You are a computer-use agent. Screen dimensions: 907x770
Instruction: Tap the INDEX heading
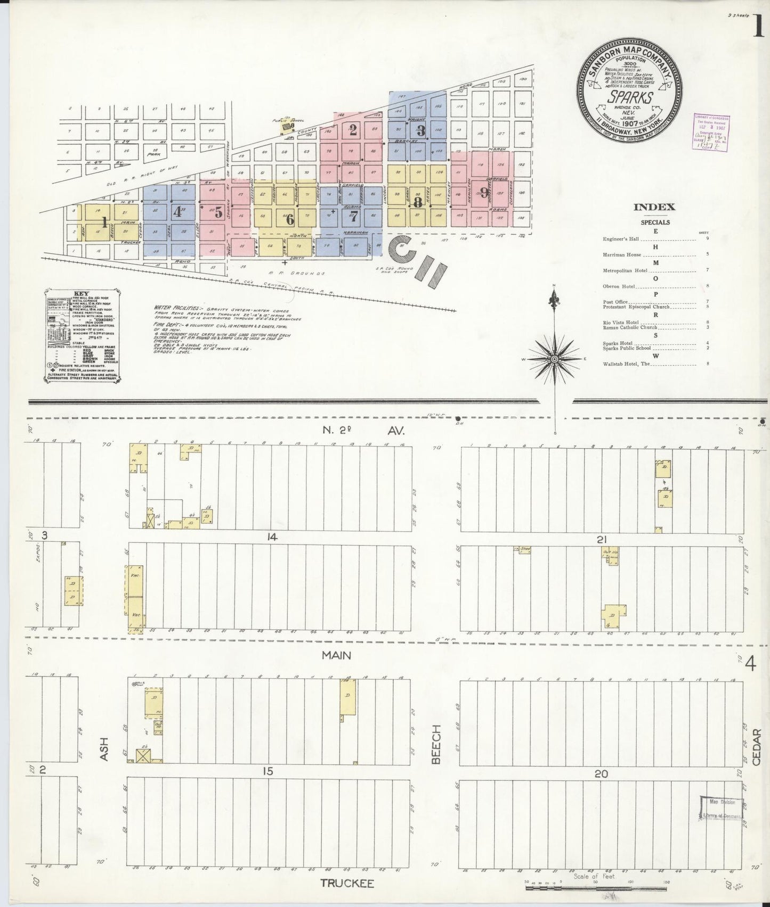tap(655, 208)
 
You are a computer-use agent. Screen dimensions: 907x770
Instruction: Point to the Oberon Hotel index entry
tap(619, 286)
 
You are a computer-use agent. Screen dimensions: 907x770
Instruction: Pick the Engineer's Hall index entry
tap(621, 239)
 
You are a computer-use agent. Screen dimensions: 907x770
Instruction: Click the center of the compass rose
tap(554, 359)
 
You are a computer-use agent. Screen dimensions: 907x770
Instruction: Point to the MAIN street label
tap(336, 655)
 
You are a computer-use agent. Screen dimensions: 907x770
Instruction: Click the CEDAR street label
tap(757, 747)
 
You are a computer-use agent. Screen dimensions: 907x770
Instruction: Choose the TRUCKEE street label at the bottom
tap(346, 883)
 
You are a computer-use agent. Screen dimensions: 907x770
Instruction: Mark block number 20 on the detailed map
tap(601, 774)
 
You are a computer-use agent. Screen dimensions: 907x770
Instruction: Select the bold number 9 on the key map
tap(483, 192)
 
